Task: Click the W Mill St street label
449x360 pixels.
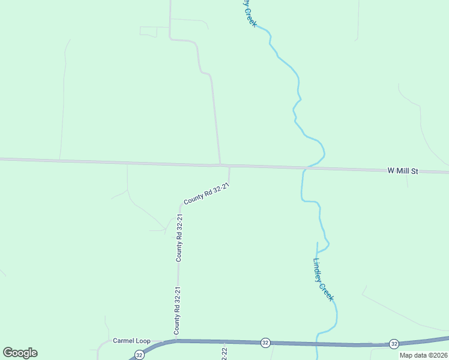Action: click(402, 171)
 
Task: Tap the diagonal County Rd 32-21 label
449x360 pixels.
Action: click(206, 194)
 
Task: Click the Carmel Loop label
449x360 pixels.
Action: click(131, 341)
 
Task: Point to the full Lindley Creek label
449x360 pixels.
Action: click(323, 280)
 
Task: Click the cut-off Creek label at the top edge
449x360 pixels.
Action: click(249, 13)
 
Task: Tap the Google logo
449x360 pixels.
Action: click(20, 353)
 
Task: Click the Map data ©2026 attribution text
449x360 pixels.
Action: click(423, 355)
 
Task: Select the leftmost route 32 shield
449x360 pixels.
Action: click(139, 355)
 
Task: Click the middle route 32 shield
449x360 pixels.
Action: click(265, 343)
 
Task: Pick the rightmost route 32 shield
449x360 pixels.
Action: click(394, 343)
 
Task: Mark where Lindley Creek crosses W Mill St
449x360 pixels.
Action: click(304, 168)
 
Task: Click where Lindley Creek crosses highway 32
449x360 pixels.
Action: click(317, 344)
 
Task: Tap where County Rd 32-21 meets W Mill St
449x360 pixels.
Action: click(229, 166)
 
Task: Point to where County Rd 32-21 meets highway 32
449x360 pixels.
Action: click(177, 340)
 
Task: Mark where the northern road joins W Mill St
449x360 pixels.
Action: click(220, 164)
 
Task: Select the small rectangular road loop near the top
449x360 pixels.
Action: click(154, 31)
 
